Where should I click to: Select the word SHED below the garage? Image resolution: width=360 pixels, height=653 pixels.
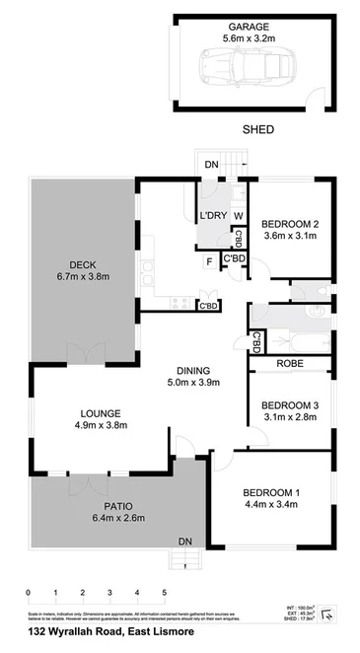tap(259, 129)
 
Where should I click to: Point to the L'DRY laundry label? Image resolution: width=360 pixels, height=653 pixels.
tap(212, 215)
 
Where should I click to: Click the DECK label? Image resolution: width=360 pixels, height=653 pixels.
tap(81, 263)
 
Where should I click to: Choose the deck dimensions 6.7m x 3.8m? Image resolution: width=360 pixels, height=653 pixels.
tap(81, 277)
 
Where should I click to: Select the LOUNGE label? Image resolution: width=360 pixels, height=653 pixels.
tap(97, 412)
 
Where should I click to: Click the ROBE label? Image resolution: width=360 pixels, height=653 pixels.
tap(291, 363)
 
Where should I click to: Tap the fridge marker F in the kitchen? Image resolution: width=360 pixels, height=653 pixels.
tap(209, 261)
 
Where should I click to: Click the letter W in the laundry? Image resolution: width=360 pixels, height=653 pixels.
tap(238, 215)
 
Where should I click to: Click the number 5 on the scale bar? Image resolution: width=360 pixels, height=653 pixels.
tap(165, 593)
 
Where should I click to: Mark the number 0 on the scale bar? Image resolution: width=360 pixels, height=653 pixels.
tap(29, 593)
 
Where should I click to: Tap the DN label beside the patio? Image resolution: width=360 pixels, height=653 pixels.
tap(183, 541)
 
